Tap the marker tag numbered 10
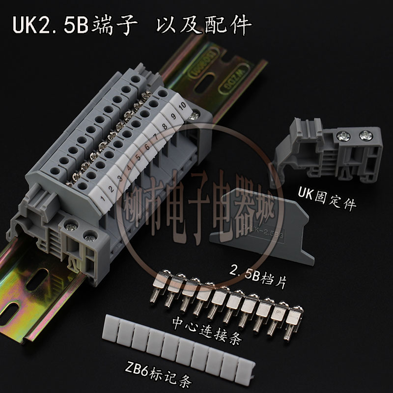182,105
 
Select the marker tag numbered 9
173,116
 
